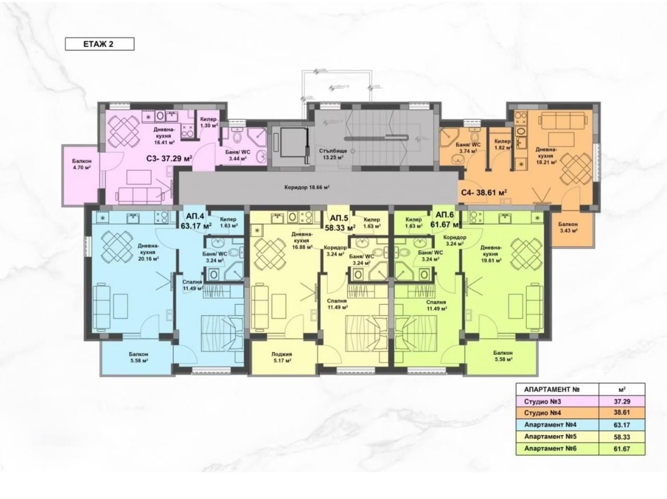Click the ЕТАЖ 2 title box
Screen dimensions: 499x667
coord(99,44)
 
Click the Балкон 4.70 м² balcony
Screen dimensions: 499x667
coord(82,165)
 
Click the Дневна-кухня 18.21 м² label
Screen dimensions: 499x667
coord(547,155)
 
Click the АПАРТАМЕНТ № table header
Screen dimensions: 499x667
coord(553,389)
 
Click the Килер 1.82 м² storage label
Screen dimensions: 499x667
coord(502,144)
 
